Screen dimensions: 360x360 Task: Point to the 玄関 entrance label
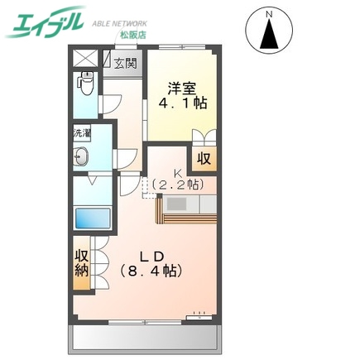tap(125, 62)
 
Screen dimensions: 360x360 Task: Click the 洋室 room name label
tap(183, 87)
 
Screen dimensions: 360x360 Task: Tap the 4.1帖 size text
tap(183, 103)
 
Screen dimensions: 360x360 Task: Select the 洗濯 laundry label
tap(82, 132)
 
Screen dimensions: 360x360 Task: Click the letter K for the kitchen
tap(176, 173)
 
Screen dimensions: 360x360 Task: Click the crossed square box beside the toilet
tap(84, 60)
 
